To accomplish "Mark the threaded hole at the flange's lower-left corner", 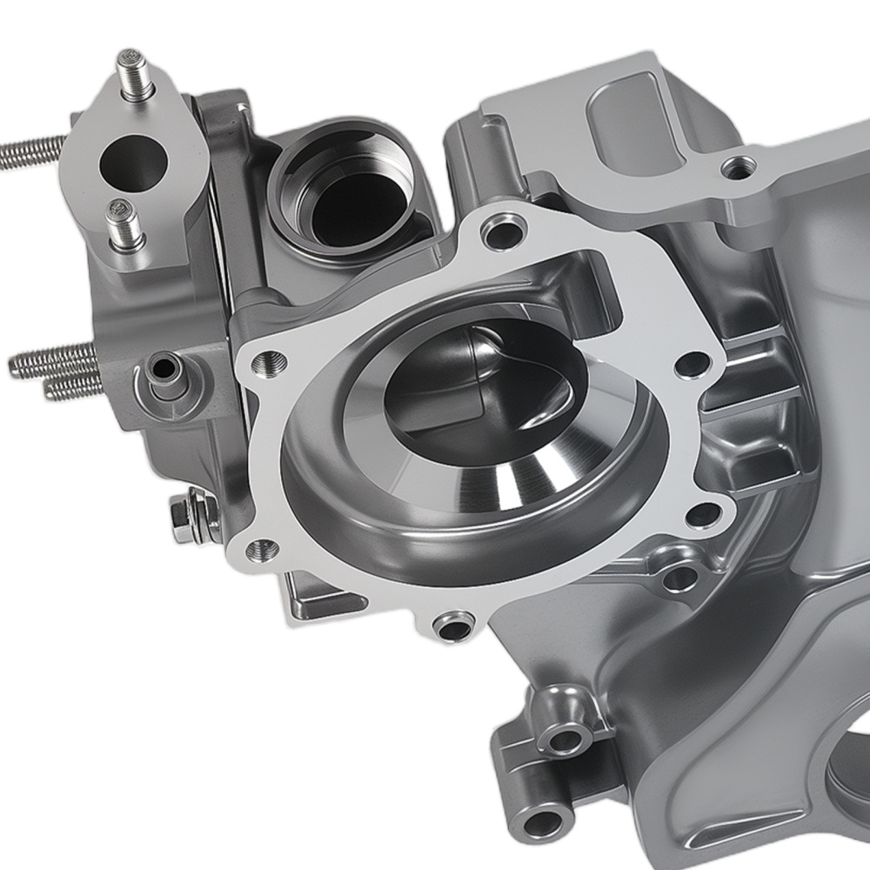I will [x=263, y=548].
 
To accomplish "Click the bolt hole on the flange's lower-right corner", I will [x=701, y=516].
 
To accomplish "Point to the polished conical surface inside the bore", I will [x=531, y=474].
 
